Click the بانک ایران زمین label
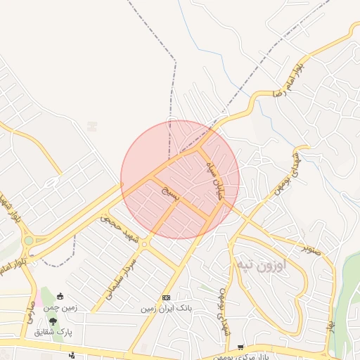pyautogui.click(x=166, y=308)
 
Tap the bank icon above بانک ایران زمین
pyautogui.click(x=166, y=297)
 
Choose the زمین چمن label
pyautogui.click(x=61, y=307)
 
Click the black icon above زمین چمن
pyautogui.click(x=60, y=296)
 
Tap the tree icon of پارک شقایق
pyautogui.click(x=53, y=321)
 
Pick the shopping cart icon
pyautogui.click(x=241, y=347)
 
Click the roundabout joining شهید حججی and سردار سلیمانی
pyautogui.click(x=144, y=244)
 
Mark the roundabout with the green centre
pyautogui.click(x=28, y=241)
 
